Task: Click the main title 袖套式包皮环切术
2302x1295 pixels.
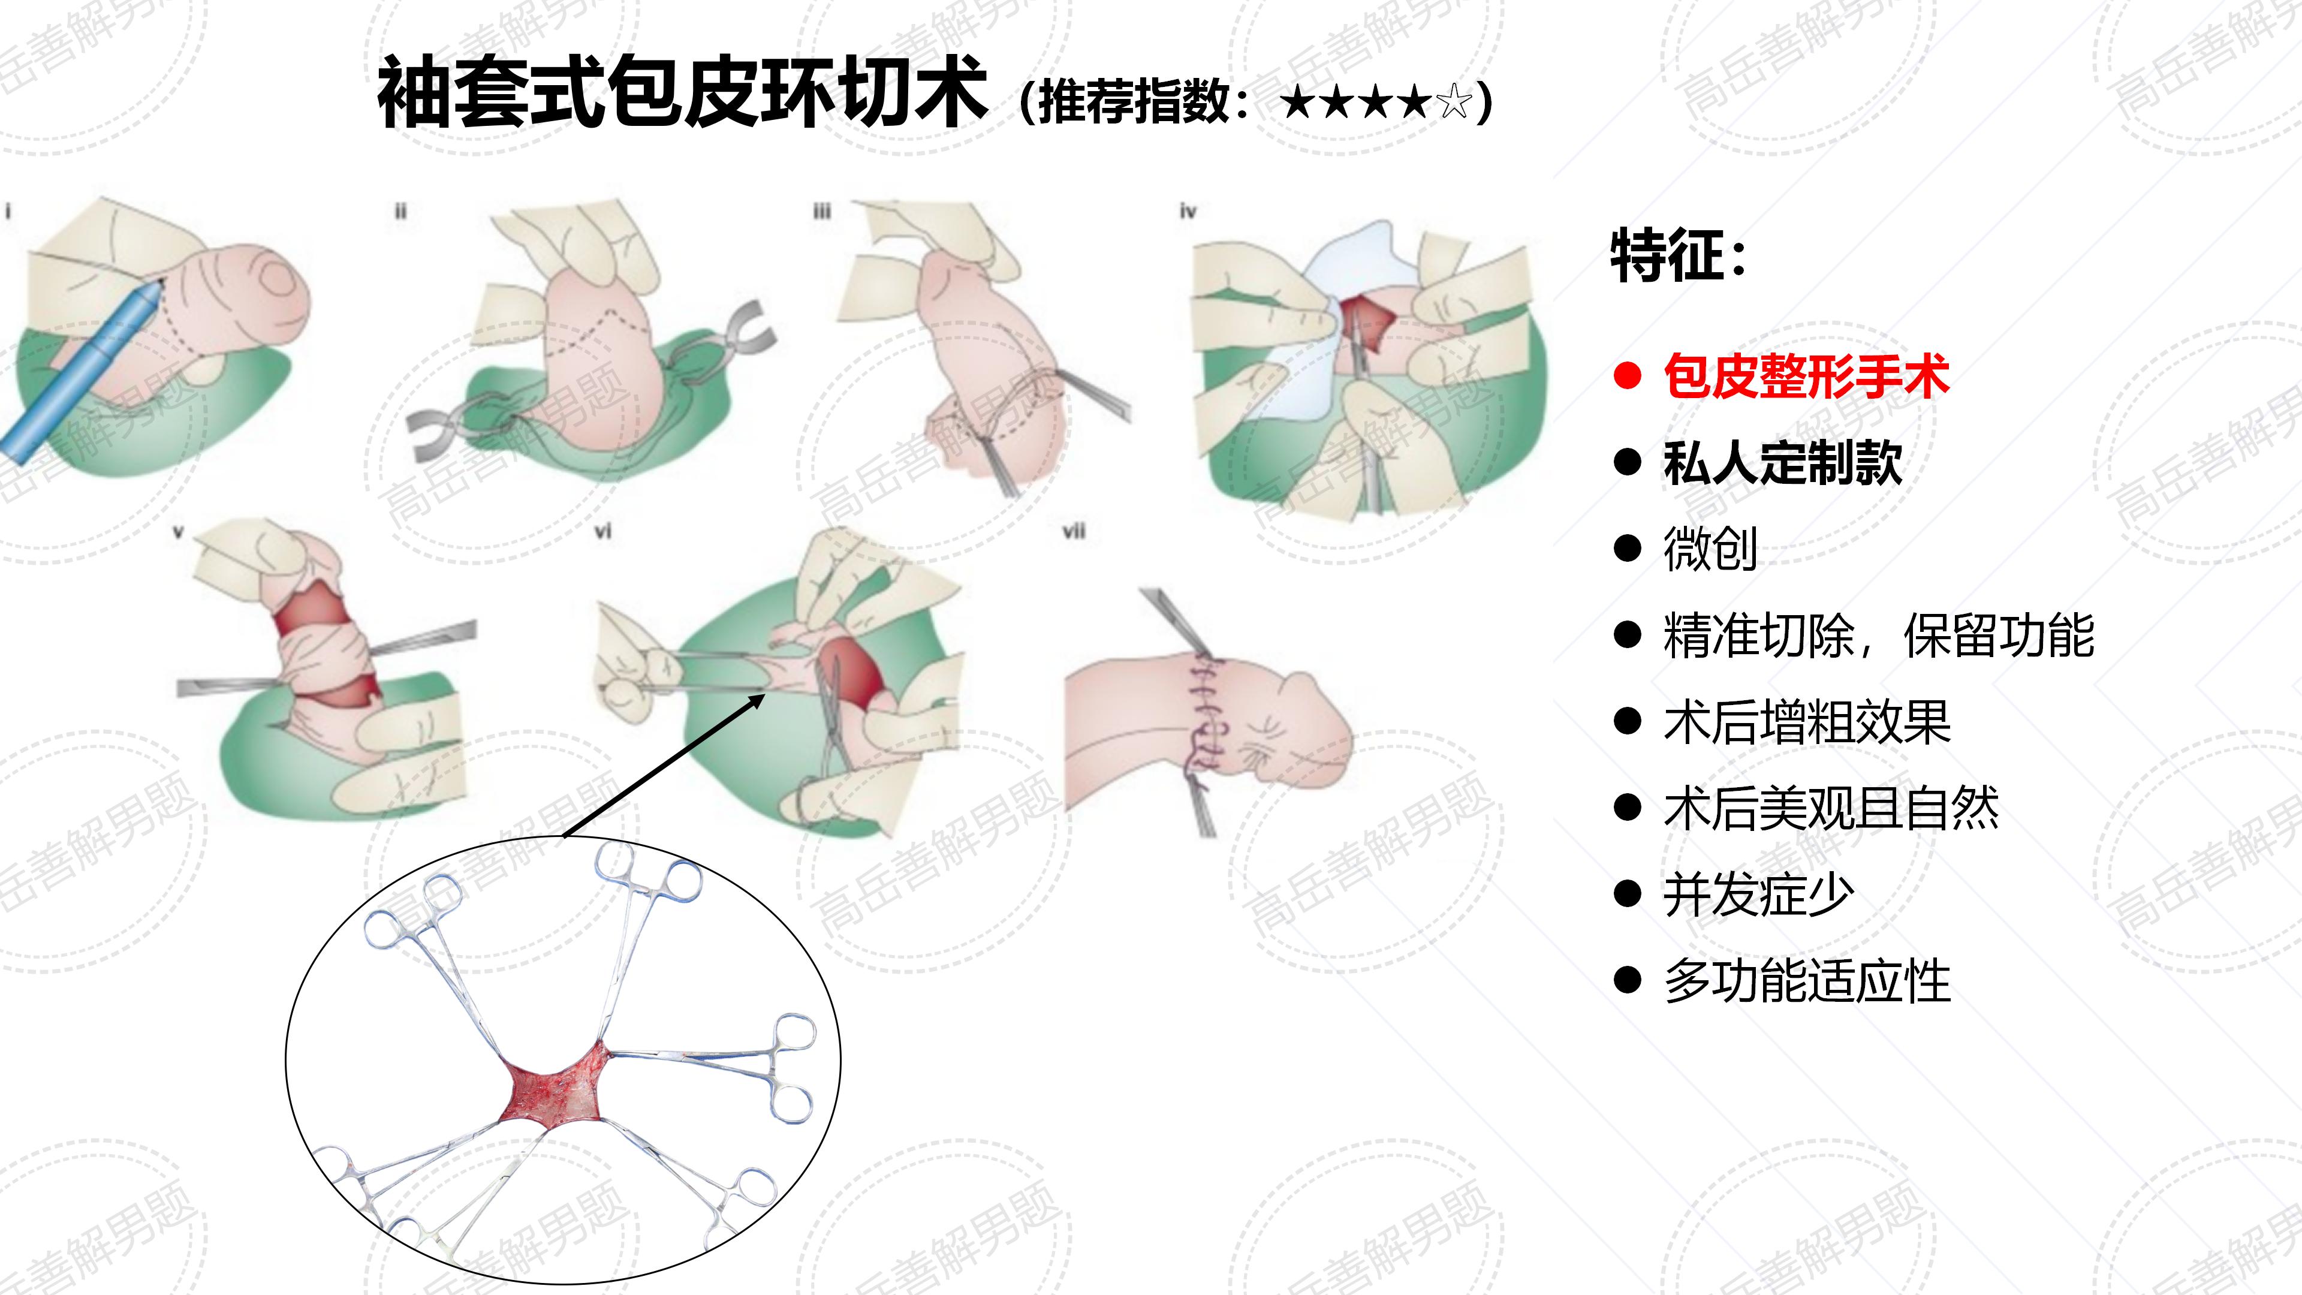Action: (x=682, y=92)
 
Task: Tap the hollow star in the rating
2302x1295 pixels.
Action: (x=1454, y=102)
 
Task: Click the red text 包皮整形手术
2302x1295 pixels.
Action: (x=1806, y=375)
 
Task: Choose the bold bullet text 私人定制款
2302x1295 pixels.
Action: (x=1783, y=462)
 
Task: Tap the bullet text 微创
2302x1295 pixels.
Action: (x=1710, y=548)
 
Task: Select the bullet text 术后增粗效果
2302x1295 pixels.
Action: (x=1806, y=721)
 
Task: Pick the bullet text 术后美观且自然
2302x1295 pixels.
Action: (x=1831, y=808)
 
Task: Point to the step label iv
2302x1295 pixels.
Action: (x=1187, y=212)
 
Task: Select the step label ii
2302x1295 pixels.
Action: (x=400, y=212)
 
